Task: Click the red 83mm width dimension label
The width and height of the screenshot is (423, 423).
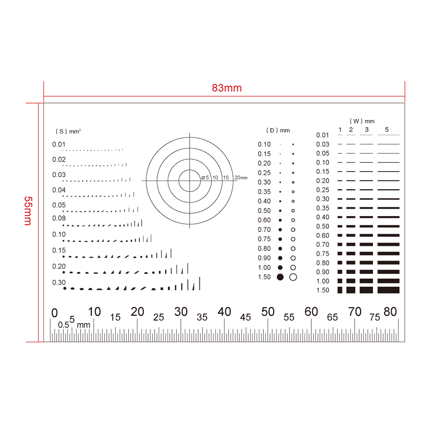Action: [x=227, y=88]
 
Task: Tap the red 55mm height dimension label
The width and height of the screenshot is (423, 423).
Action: [x=28, y=211]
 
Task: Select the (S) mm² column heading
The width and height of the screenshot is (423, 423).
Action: [x=68, y=131]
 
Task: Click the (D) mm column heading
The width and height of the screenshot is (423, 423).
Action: [x=278, y=130]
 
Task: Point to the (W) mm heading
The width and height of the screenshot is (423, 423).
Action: [x=362, y=121]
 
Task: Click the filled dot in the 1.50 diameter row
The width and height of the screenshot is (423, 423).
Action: [x=280, y=277]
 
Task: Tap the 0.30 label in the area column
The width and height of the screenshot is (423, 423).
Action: [x=59, y=282]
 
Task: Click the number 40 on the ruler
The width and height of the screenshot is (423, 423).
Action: [x=224, y=312]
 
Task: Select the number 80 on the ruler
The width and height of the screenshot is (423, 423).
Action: [x=390, y=312]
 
